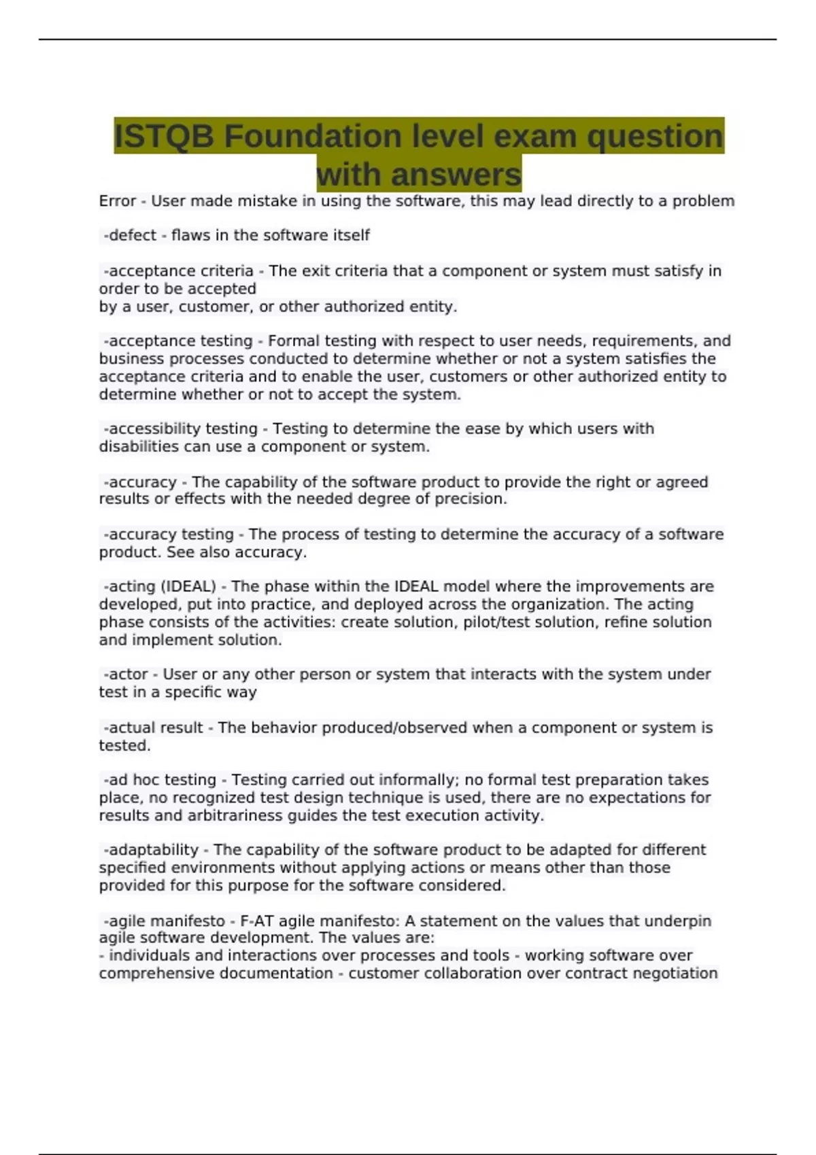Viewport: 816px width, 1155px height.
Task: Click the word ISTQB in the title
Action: click(x=164, y=137)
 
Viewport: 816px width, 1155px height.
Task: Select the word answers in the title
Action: click(x=456, y=175)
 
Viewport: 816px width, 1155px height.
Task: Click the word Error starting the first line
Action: click(x=118, y=201)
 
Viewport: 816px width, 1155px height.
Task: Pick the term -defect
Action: click(x=130, y=236)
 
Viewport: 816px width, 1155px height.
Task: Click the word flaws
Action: click(x=190, y=236)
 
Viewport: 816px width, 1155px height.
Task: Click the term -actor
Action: click(x=126, y=675)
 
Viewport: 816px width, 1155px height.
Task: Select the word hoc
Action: click(x=146, y=780)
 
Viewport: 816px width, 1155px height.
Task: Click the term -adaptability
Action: click(x=151, y=850)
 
